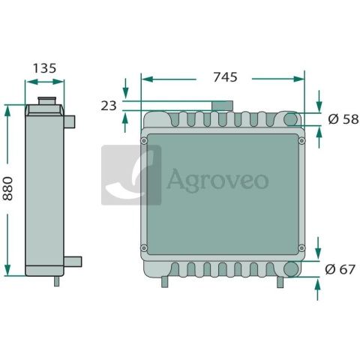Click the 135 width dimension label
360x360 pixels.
click(45, 68)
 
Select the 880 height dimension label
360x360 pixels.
click(7, 188)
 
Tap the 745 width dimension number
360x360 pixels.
click(225, 77)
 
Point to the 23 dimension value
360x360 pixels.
click(109, 106)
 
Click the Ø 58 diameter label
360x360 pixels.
click(343, 119)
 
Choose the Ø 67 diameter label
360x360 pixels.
click(340, 269)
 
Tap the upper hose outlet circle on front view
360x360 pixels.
click(291, 119)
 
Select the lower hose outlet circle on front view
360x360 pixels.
click(292, 268)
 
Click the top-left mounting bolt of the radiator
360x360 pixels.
click(144, 141)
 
